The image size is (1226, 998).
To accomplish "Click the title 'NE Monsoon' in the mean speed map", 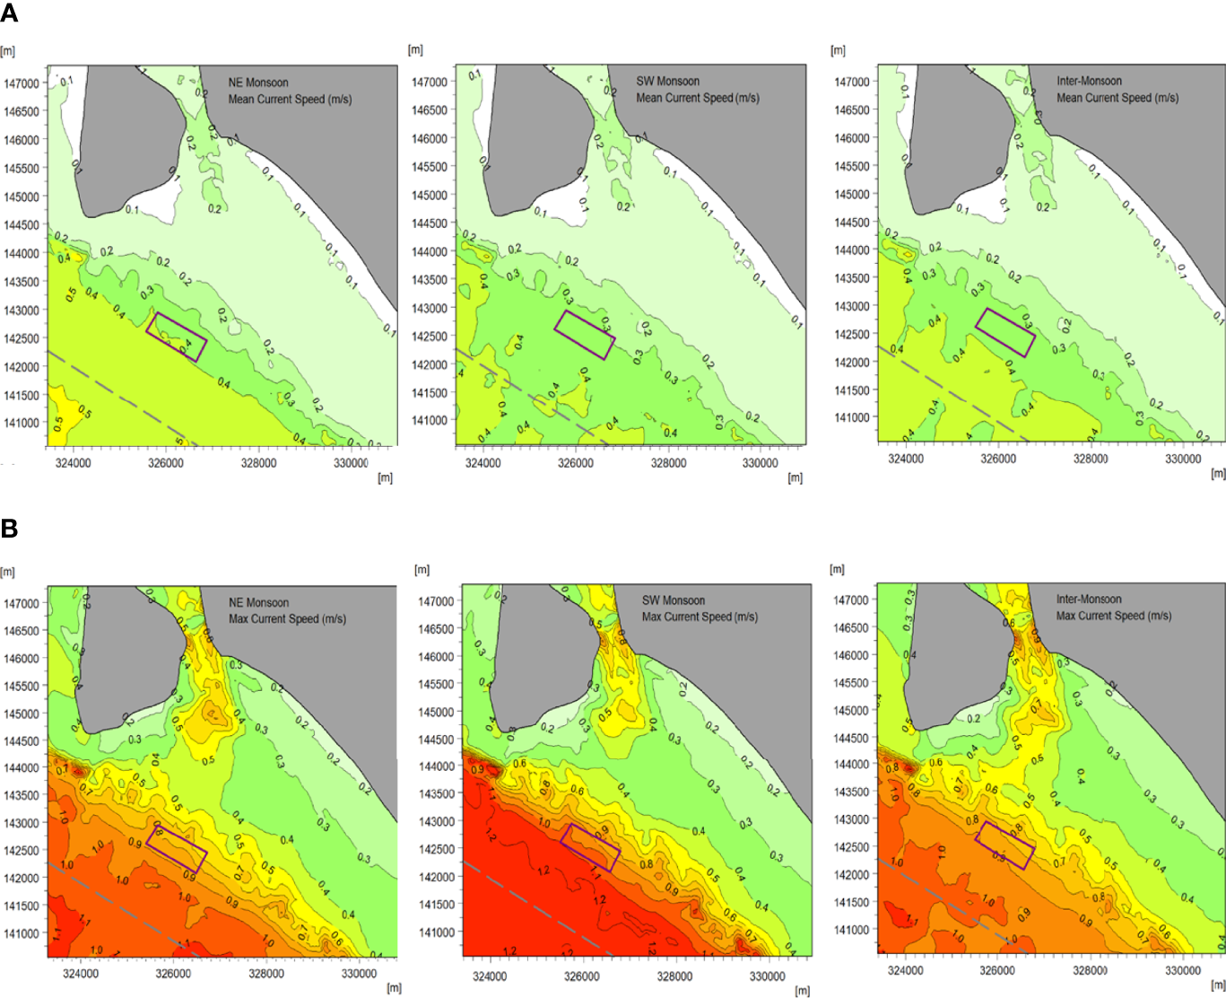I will (258, 83).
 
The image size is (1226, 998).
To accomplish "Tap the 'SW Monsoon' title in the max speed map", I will (673, 600).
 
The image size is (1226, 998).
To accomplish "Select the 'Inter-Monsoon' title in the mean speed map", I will (1089, 81).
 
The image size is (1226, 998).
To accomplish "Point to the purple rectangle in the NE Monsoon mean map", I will (177, 337).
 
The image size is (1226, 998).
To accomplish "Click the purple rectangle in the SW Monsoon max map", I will (590, 846).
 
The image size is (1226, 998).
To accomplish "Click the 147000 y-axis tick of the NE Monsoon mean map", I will (22, 83).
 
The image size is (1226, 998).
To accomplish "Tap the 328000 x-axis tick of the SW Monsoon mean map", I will (668, 464).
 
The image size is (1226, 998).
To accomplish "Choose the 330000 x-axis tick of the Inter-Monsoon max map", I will (1182, 970).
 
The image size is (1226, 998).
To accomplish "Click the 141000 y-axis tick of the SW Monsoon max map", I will (437, 932).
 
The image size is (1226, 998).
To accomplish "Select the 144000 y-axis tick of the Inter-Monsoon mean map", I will (852, 250).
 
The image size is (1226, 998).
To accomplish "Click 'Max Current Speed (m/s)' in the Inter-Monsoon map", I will (1113, 616).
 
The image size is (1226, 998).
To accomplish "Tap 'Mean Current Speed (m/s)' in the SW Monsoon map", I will (698, 98).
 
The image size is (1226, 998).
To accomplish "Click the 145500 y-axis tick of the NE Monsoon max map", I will (22, 687).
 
